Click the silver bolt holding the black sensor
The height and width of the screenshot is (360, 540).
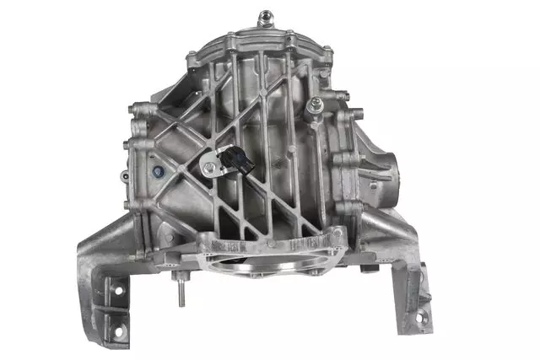coord(208,168)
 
